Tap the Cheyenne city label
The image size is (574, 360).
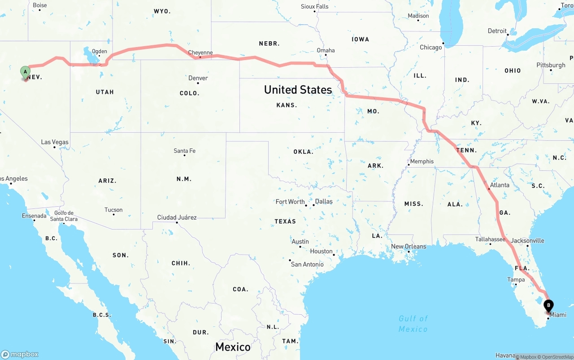200,52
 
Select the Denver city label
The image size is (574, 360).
198,78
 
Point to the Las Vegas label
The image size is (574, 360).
55,142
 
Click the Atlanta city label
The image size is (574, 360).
500,185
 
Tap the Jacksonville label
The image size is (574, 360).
527,240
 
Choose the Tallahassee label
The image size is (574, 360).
490,239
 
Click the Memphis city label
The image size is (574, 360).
422,161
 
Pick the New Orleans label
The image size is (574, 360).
409,246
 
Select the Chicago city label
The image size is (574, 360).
430,47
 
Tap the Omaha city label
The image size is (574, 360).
326,50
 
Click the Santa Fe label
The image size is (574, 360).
184,151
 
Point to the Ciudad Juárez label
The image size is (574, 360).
177,217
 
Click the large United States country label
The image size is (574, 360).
298,90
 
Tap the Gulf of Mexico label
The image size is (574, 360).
413,323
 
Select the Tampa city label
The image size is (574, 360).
516,279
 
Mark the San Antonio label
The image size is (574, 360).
307,264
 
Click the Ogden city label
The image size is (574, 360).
100,51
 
